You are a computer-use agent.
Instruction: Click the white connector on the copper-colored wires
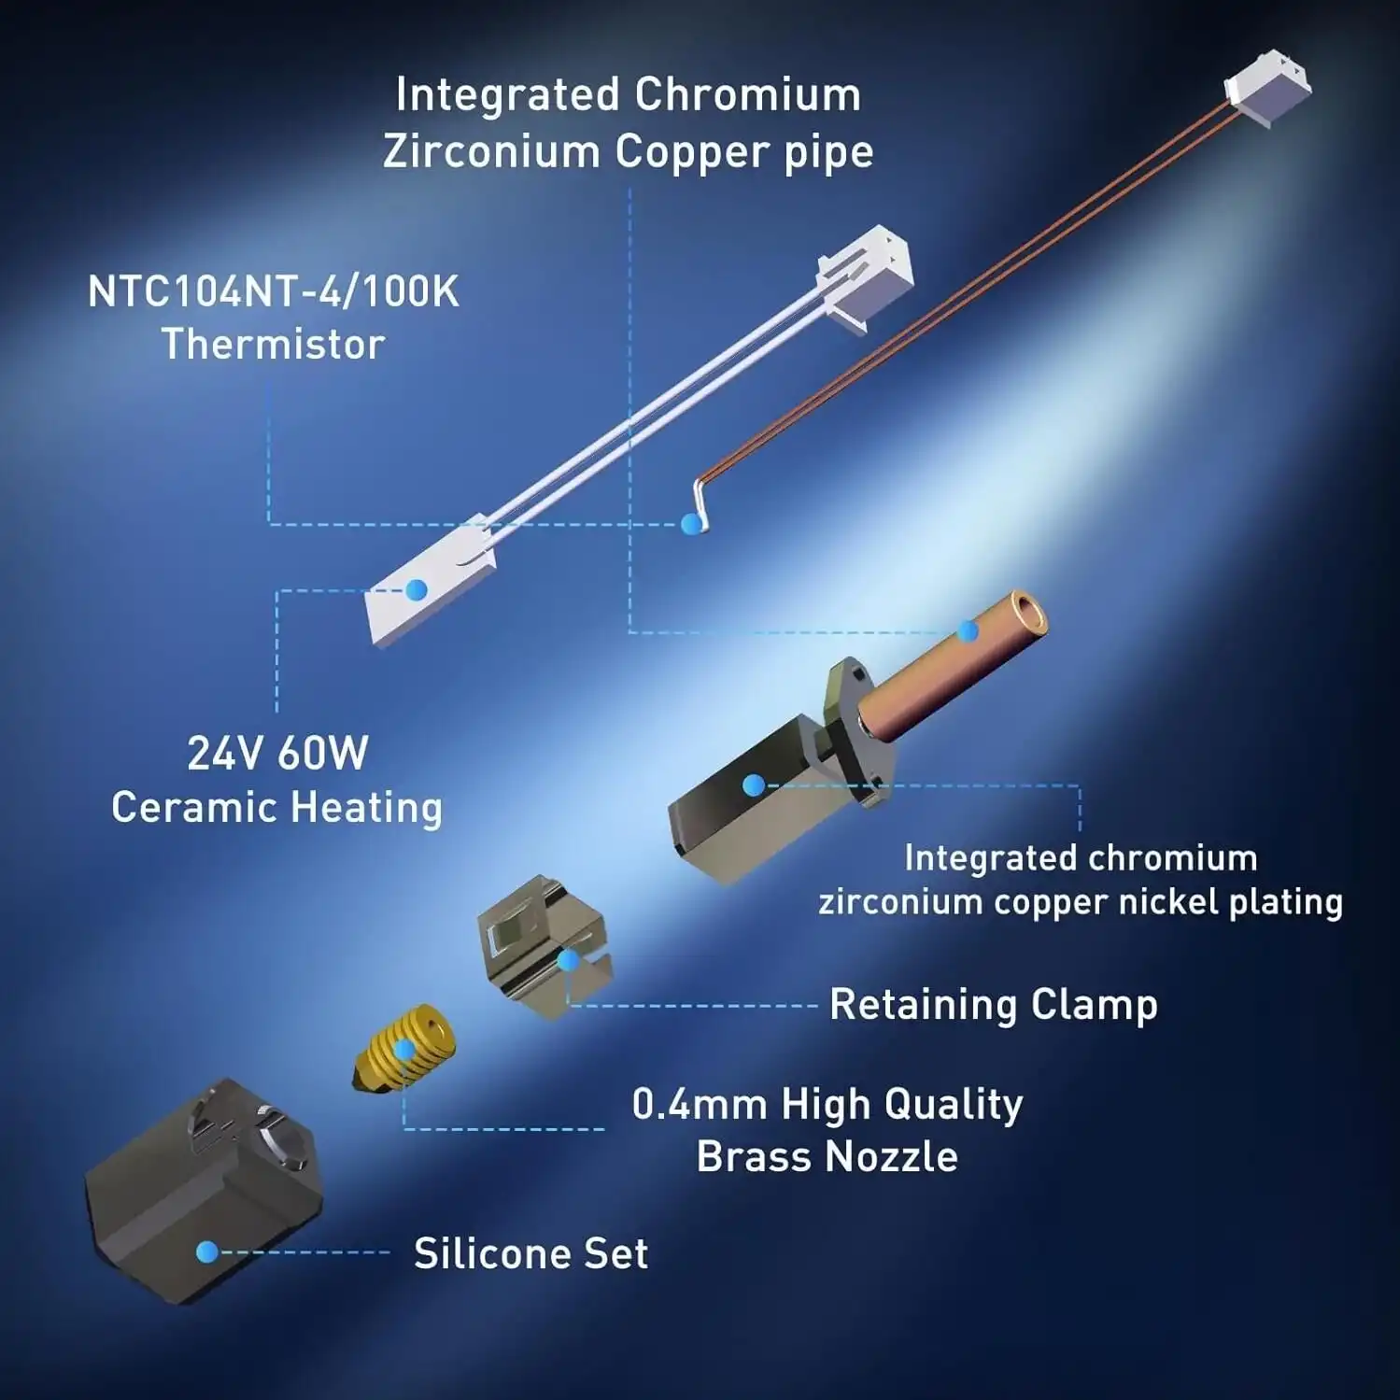coord(1267,88)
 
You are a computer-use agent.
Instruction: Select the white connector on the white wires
coord(865,276)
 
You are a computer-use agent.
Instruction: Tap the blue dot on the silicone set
coord(207,1252)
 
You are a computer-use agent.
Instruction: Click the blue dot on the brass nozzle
coord(403,1050)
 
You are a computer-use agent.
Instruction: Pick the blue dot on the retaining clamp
coord(568,960)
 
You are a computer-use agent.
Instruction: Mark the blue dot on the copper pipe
coord(969,632)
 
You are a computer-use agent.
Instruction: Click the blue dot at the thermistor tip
coord(691,524)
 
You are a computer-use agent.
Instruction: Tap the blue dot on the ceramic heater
coord(417,589)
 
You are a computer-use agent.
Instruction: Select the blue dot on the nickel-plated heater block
coord(753,785)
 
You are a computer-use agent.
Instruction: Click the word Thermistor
coord(273,344)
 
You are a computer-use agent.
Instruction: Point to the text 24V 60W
coord(277,753)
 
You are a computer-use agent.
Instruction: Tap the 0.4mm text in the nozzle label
coord(700,1104)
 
